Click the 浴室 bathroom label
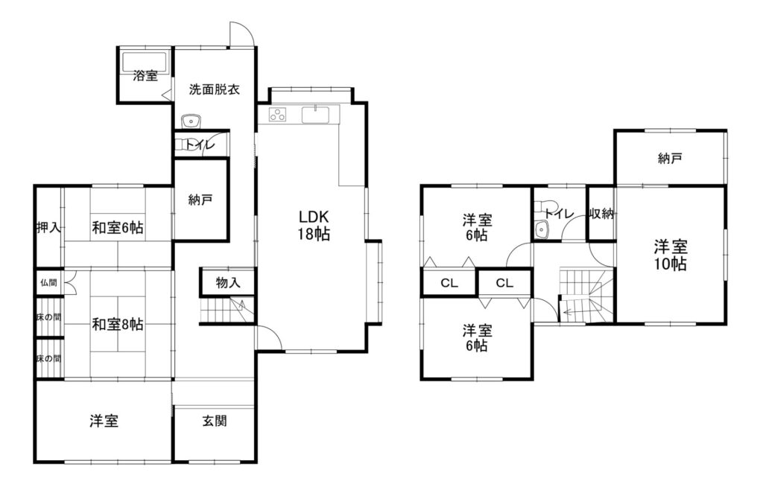pos(145,76)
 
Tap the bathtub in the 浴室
pos(145,62)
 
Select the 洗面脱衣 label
pos(214,89)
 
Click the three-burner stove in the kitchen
pos(278,115)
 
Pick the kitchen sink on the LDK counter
pos(316,115)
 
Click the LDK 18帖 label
pos(314,225)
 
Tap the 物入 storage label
pos(228,282)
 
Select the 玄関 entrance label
pos(214,421)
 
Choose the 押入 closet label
pos(48,227)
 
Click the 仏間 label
pos(48,283)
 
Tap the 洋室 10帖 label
pos(670,255)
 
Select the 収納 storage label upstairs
pos(601,213)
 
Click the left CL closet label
pos(449,283)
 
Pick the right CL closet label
pos(504,283)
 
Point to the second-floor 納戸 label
pos(670,158)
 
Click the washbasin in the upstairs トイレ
pos(541,229)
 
